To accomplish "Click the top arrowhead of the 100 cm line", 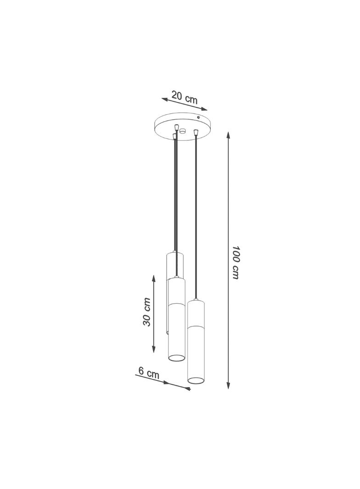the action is (228, 135).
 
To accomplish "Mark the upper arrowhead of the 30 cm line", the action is (153, 278).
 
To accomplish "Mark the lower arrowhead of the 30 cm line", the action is (153, 349).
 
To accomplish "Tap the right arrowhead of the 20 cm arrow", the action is (204, 109).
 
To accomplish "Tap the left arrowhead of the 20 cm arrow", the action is (165, 99).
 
